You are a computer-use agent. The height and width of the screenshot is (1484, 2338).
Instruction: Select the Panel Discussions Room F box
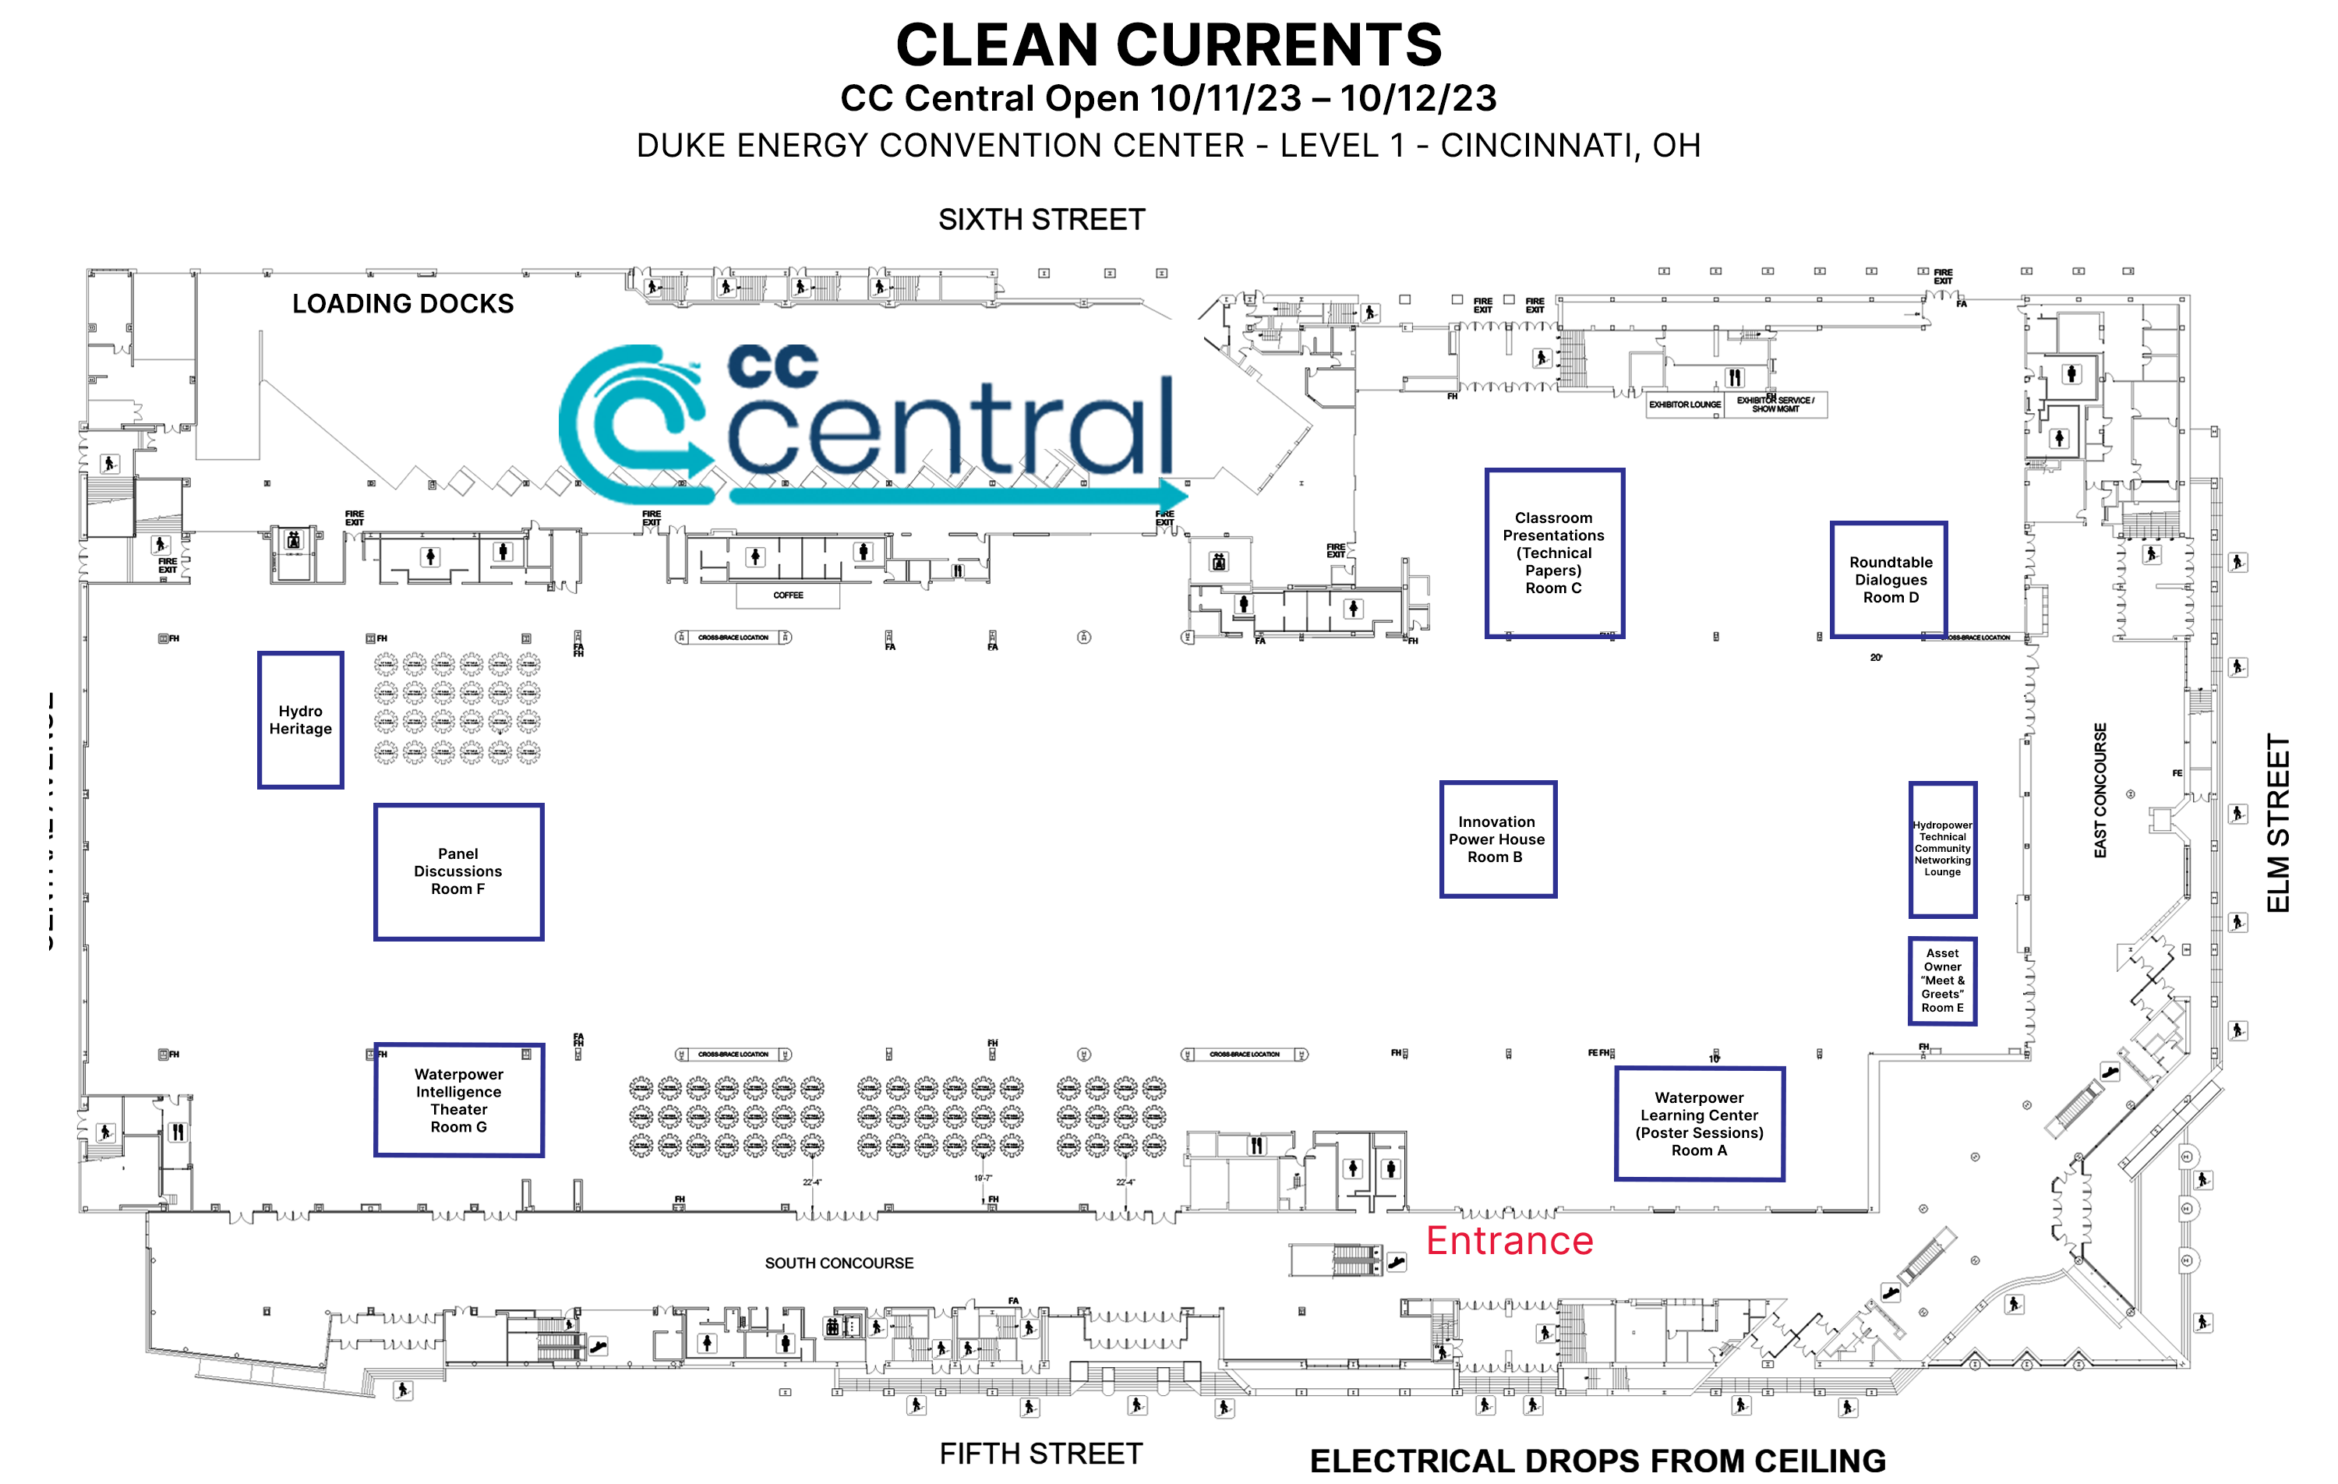pos(458,871)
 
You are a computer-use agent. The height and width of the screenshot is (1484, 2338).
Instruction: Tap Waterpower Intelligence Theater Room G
pos(458,1100)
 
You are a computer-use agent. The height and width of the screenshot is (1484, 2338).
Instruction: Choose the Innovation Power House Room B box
pos(1497,839)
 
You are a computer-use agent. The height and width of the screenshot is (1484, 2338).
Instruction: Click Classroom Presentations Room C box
pos(1553,553)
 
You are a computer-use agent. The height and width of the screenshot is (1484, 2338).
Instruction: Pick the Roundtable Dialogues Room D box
pos(1889,580)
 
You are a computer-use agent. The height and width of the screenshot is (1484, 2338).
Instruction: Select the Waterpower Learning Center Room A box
pos(1699,1124)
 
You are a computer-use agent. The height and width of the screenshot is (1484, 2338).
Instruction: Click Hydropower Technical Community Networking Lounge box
pos(1942,849)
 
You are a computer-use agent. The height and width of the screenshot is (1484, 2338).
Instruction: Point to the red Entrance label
pos(1509,1241)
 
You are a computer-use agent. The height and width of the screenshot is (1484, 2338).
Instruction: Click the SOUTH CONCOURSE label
pos(839,1263)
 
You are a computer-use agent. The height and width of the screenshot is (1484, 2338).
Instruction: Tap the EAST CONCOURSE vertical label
pos(2100,790)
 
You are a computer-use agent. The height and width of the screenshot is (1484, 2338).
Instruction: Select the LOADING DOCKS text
pos(403,304)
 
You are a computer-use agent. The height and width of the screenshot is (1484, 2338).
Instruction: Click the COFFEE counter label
pos(787,595)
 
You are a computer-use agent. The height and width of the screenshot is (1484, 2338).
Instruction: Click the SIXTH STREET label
pos(1041,220)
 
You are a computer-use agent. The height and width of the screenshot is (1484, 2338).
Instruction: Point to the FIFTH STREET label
pos(1041,1453)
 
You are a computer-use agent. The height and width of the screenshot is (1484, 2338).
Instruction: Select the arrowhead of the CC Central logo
pos(1173,493)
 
